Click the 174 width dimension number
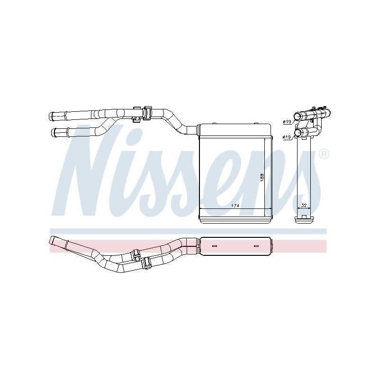(234, 206)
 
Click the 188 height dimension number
(262, 176)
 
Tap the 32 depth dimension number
(303, 206)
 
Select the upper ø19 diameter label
(287, 122)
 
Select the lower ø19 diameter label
(287, 137)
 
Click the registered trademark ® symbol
(324, 154)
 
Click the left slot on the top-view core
(214, 246)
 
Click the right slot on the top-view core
(256, 246)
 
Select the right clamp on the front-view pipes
(147, 113)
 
